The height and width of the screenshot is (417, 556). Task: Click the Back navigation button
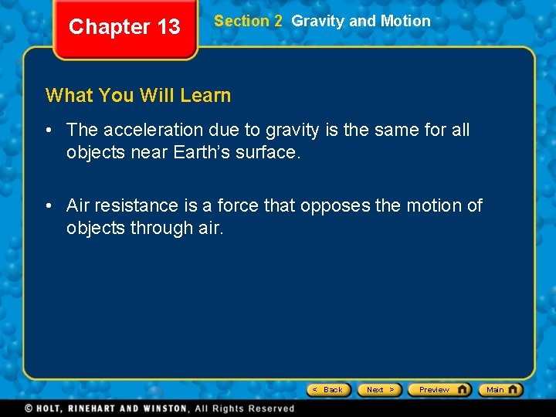pyautogui.click(x=329, y=389)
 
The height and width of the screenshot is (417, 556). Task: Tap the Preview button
pyautogui.click(x=439, y=389)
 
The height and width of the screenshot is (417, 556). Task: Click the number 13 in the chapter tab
pyautogui.click(x=168, y=27)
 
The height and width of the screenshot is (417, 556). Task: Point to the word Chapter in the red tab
pyautogui.click(x=109, y=27)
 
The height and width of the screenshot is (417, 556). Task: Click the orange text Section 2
pyautogui.click(x=248, y=21)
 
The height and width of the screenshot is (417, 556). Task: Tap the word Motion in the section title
pyautogui.click(x=405, y=21)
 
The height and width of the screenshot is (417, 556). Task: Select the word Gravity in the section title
pyautogui.click(x=318, y=21)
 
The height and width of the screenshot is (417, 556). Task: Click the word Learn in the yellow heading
pyautogui.click(x=205, y=96)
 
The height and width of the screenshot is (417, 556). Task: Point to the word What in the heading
pyautogui.click(x=69, y=96)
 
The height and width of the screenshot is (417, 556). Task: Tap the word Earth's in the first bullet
pyautogui.click(x=200, y=152)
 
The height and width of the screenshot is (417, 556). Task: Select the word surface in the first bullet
pyautogui.click(x=267, y=152)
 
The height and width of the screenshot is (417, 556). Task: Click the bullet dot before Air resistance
pyautogui.click(x=49, y=205)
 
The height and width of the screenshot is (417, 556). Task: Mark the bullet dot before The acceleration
pyautogui.click(x=49, y=130)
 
